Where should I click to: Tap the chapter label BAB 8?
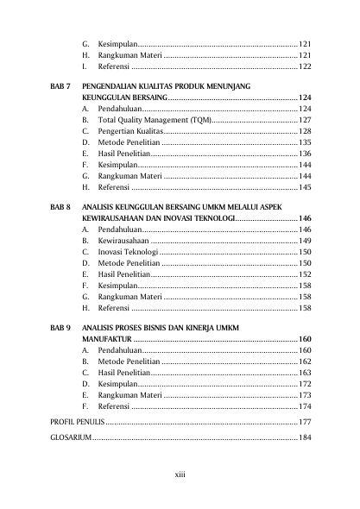coord(59,208)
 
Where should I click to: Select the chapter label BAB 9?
coord(59,328)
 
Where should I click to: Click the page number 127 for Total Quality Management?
coord(304,119)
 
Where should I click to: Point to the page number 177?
coord(304,422)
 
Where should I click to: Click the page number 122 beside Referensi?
coord(304,66)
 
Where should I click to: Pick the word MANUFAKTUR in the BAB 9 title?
coord(106,340)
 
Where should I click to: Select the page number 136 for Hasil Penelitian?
coord(304,153)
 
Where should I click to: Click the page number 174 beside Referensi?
coord(304,405)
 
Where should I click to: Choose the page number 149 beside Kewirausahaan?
coord(304,240)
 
